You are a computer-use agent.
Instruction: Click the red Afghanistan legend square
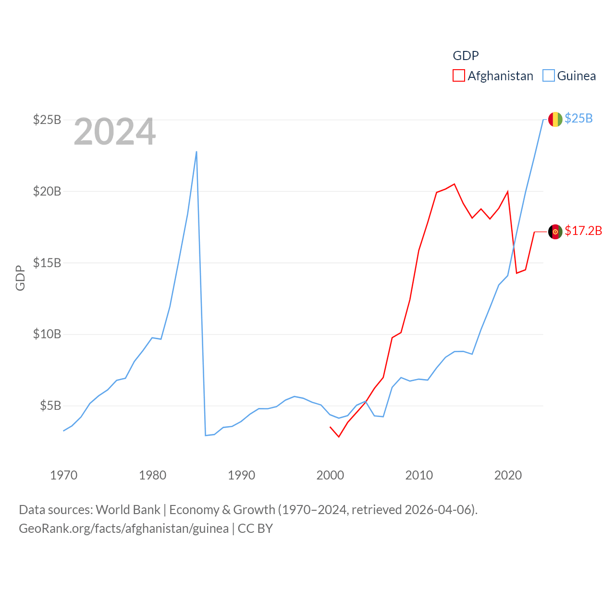pyautogui.click(x=459, y=76)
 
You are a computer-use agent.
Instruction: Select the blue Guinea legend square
pyautogui.click(x=549, y=76)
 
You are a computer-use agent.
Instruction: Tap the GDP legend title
pyautogui.click(x=466, y=56)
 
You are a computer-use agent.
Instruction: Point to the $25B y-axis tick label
pyautogui.click(x=47, y=120)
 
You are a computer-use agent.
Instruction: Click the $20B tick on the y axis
pyautogui.click(x=47, y=191)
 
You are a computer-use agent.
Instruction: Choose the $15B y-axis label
pyautogui.click(x=47, y=263)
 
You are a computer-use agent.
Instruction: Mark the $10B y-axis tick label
pyautogui.click(x=47, y=334)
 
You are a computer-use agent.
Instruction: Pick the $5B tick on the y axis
pyautogui.click(x=50, y=406)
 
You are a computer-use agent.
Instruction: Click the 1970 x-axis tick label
pyautogui.click(x=64, y=475)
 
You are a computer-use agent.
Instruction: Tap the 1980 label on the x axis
pyautogui.click(x=153, y=475)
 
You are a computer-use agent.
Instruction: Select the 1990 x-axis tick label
pyautogui.click(x=242, y=475)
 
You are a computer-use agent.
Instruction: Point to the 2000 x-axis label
pyautogui.click(x=331, y=475)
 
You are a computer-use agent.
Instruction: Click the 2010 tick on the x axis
pyautogui.click(x=419, y=475)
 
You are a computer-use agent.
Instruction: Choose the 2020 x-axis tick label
pyautogui.click(x=508, y=475)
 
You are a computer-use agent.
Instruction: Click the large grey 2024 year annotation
pyautogui.click(x=115, y=132)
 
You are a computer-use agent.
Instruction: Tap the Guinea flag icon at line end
pyautogui.click(x=555, y=119)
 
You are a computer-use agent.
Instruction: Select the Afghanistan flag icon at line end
pyautogui.click(x=555, y=232)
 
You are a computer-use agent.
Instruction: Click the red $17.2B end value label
pyautogui.click(x=583, y=231)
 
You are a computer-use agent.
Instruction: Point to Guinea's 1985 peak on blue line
pyautogui.click(x=197, y=152)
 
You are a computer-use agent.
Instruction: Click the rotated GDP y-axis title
pyautogui.click(x=20, y=278)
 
